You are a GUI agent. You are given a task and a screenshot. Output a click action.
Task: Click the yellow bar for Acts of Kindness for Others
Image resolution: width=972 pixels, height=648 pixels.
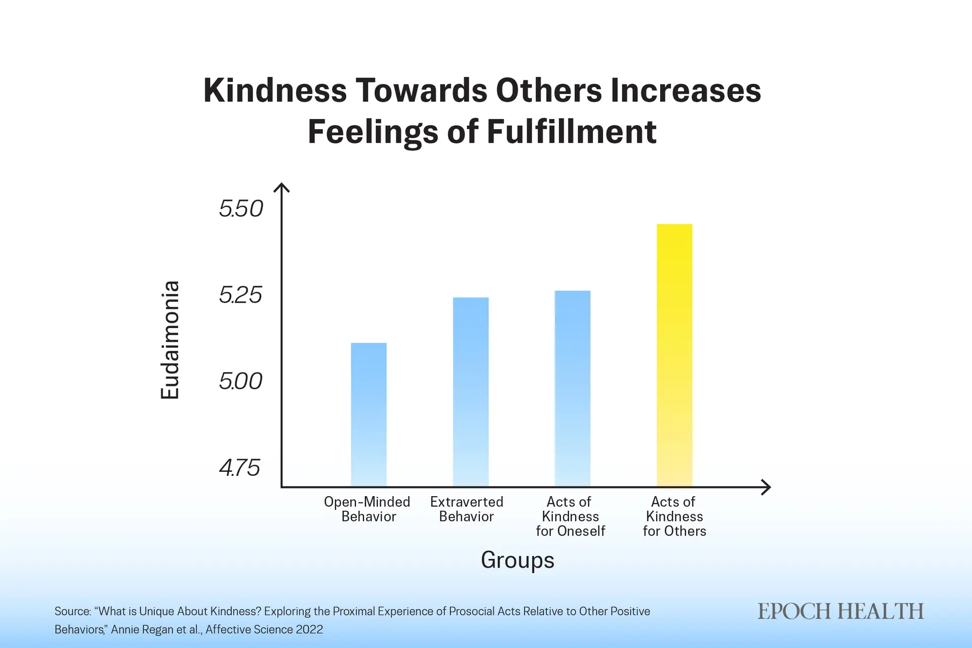pyautogui.click(x=674, y=354)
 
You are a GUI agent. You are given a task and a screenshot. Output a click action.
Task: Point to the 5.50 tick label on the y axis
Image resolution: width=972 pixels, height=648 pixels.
pyautogui.click(x=241, y=209)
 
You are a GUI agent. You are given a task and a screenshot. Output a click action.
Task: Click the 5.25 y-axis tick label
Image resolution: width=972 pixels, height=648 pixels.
pyautogui.click(x=241, y=295)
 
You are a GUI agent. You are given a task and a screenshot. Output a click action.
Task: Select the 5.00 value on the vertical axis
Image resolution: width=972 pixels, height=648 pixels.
pyautogui.click(x=241, y=381)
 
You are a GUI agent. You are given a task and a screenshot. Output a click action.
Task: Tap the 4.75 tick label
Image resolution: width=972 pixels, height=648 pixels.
pyautogui.click(x=240, y=468)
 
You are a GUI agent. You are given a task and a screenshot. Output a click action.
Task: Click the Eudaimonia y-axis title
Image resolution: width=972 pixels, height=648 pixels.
pyautogui.click(x=170, y=340)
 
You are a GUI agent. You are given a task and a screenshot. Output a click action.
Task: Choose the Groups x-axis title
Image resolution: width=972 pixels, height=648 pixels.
pyautogui.click(x=517, y=560)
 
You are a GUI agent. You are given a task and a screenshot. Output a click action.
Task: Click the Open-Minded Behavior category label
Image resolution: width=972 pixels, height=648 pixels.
pyautogui.click(x=368, y=509)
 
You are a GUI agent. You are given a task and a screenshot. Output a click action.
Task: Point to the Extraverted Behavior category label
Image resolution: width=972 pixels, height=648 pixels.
pyautogui.click(x=467, y=509)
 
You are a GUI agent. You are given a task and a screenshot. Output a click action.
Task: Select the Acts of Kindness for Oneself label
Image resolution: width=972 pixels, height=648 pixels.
pyautogui.click(x=571, y=516)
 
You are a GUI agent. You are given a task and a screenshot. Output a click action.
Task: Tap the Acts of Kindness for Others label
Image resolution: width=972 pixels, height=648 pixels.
pyautogui.click(x=674, y=516)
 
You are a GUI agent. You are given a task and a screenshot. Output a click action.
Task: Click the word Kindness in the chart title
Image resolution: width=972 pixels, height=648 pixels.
pyautogui.click(x=275, y=91)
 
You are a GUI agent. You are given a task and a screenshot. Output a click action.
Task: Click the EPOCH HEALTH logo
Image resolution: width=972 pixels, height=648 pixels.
pyautogui.click(x=840, y=612)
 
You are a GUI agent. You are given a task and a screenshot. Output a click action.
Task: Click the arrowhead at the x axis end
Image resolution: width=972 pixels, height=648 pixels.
pyautogui.click(x=766, y=487)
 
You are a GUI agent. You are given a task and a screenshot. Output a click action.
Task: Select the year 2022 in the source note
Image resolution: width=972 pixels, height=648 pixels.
pyautogui.click(x=309, y=629)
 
